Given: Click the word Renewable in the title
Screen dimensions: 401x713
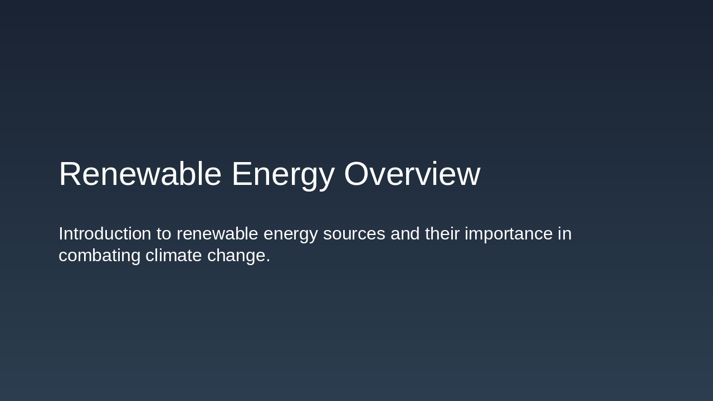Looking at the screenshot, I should coord(140,174).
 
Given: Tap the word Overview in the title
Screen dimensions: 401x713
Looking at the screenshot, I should coord(412,174).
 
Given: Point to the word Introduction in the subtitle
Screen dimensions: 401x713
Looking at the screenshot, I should coord(105,233).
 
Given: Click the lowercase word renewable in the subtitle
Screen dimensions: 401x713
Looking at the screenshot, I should coord(217,233).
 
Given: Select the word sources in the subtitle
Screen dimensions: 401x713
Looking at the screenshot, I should coord(354,234).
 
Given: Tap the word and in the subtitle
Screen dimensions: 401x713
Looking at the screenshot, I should coord(405,233).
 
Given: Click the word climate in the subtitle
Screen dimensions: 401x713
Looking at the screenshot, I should coord(173,255).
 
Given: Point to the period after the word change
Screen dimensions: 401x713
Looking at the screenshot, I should coord(268,261).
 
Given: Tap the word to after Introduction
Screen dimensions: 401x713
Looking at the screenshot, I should coord(164,234).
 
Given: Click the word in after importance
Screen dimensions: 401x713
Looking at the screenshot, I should coord(564,233).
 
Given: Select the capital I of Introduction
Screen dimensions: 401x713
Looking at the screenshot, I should coord(61,233).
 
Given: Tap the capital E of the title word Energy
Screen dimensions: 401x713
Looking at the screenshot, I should coord(242,174).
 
